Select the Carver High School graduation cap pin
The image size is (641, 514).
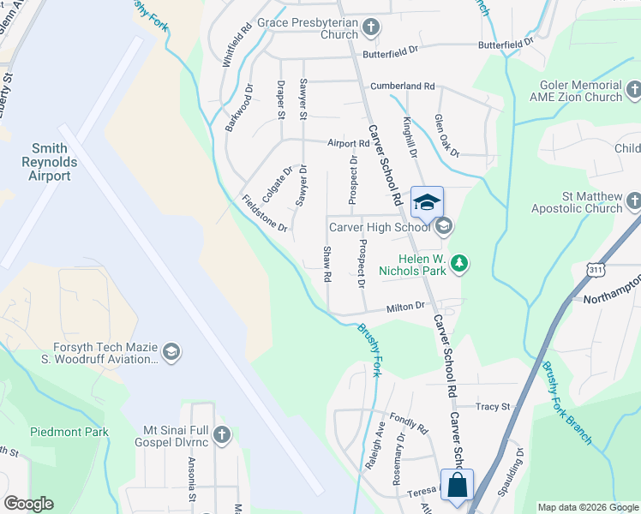tap(427, 203)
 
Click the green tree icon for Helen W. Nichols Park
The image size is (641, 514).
tap(460, 264)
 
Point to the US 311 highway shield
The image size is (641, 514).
tap(594, 271)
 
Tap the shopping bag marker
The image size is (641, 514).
tap(457, 485)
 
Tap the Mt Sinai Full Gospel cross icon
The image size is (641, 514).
tap(222, 436)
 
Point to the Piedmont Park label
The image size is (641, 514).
tap(69, 432)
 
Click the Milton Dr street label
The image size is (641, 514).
tap(405, 307)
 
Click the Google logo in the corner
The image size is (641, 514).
tap(28, 504)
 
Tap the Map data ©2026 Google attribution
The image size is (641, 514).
tap(588, 507)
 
